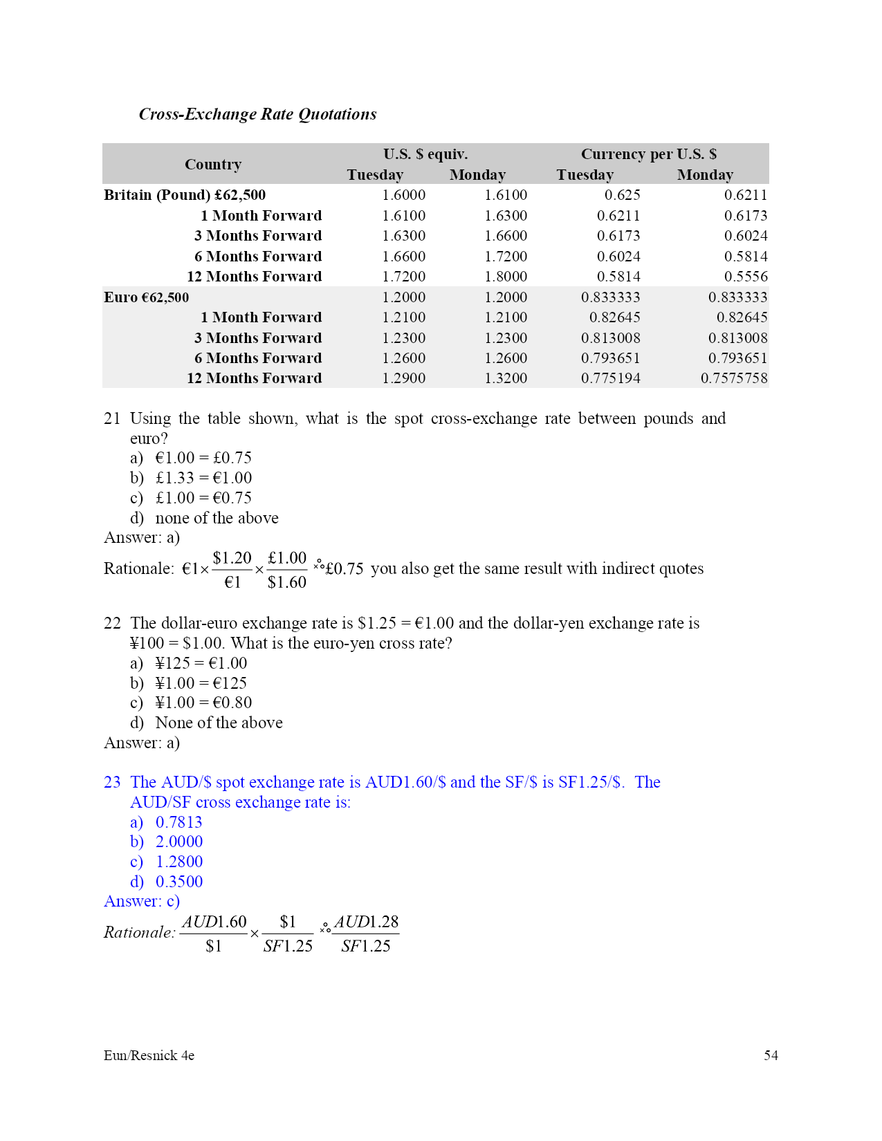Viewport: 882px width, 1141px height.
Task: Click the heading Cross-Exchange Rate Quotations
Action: click(257, 114)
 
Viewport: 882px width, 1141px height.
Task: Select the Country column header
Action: click(213, 165)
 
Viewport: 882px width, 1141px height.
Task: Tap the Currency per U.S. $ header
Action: click(648, 154)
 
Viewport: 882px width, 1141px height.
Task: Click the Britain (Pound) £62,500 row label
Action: click(185, 195)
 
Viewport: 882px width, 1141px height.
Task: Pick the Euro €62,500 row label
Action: click(147, 297)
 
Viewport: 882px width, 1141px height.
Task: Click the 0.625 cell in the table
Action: click(622, 195)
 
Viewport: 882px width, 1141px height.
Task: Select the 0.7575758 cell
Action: click(733, 378)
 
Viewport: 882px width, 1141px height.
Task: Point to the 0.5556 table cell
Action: click(745, 277)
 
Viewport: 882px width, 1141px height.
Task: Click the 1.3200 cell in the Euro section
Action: click(506, 378)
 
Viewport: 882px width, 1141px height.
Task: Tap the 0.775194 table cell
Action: click(610, 378)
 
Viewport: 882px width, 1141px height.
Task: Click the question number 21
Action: click(112, 418)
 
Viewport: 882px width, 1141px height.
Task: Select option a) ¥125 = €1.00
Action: click(189, 663)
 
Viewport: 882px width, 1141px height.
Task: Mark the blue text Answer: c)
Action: click(142, 901)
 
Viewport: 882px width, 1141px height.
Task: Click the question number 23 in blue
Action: click(112, 782)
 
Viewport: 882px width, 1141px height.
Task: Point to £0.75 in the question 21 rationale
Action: click(344, 569)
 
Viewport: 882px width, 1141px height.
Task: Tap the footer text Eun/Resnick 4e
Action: click(149, 1055)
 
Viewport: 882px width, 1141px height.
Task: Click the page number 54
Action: click(771, 1055)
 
